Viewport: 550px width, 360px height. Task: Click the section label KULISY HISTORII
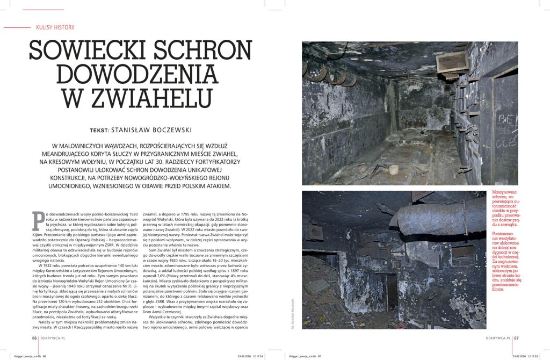coord(55,27)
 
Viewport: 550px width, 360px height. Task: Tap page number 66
coord(34,338)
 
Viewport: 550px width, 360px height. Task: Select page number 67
coord(516,338)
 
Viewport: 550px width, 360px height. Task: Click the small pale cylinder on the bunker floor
coord(395,169)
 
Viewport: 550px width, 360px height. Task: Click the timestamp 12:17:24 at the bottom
coord(255,356)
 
